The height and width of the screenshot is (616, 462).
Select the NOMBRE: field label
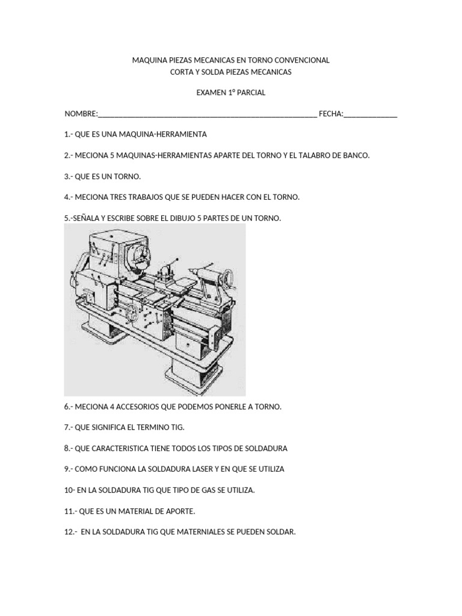pyautogui.click(x=81, y=114)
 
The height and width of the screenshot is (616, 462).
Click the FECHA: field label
pyautogui.click(x=331, y=114)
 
